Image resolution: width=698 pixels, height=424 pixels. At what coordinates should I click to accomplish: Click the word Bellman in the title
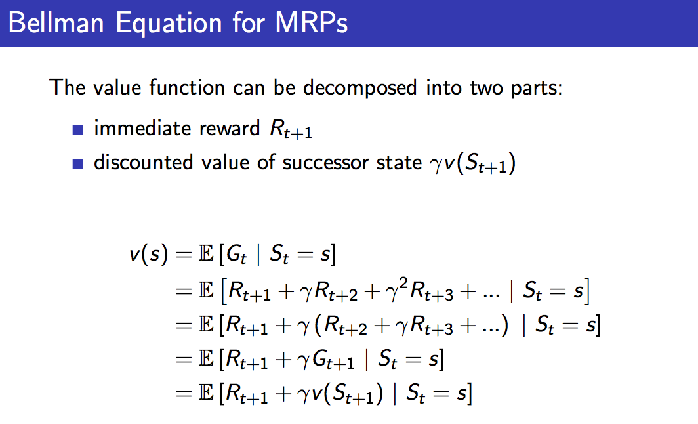(x=56, y=22)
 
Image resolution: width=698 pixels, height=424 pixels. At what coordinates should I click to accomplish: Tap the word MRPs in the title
(x=311, y=22)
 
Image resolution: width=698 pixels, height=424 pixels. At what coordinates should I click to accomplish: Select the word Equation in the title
(x=169, y=23)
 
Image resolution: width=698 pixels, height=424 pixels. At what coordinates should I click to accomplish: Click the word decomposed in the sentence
(x=359, y=87)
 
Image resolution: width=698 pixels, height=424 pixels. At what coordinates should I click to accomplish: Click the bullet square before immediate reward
(x=77, y=129)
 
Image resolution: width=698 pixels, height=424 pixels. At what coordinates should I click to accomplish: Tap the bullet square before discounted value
(x=77, y=164)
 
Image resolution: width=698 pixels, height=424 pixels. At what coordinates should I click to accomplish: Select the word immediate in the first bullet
(x=143, y=128)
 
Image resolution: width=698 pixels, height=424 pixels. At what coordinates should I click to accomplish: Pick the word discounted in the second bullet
(x=143, y=162)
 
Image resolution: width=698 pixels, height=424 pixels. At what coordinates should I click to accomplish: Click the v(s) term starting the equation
(x=149, y=254)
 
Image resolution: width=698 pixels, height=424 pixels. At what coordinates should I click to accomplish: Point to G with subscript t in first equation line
(x=236, y=255)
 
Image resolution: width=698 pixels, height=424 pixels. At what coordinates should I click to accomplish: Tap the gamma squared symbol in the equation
(x=397, y=290)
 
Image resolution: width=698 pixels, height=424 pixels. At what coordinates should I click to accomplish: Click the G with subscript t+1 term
(x=333, y=360)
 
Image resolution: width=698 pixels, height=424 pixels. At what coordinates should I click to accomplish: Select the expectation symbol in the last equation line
(x=206, y=393)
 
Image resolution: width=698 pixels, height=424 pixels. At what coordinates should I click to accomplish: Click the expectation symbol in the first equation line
(x=206, y=254)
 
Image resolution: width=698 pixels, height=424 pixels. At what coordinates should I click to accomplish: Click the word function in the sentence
(x=186, y=87)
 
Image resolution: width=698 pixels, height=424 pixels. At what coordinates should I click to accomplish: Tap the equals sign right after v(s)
(x=184, y=255)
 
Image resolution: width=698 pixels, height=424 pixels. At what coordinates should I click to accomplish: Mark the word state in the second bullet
(x=399, y=163)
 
